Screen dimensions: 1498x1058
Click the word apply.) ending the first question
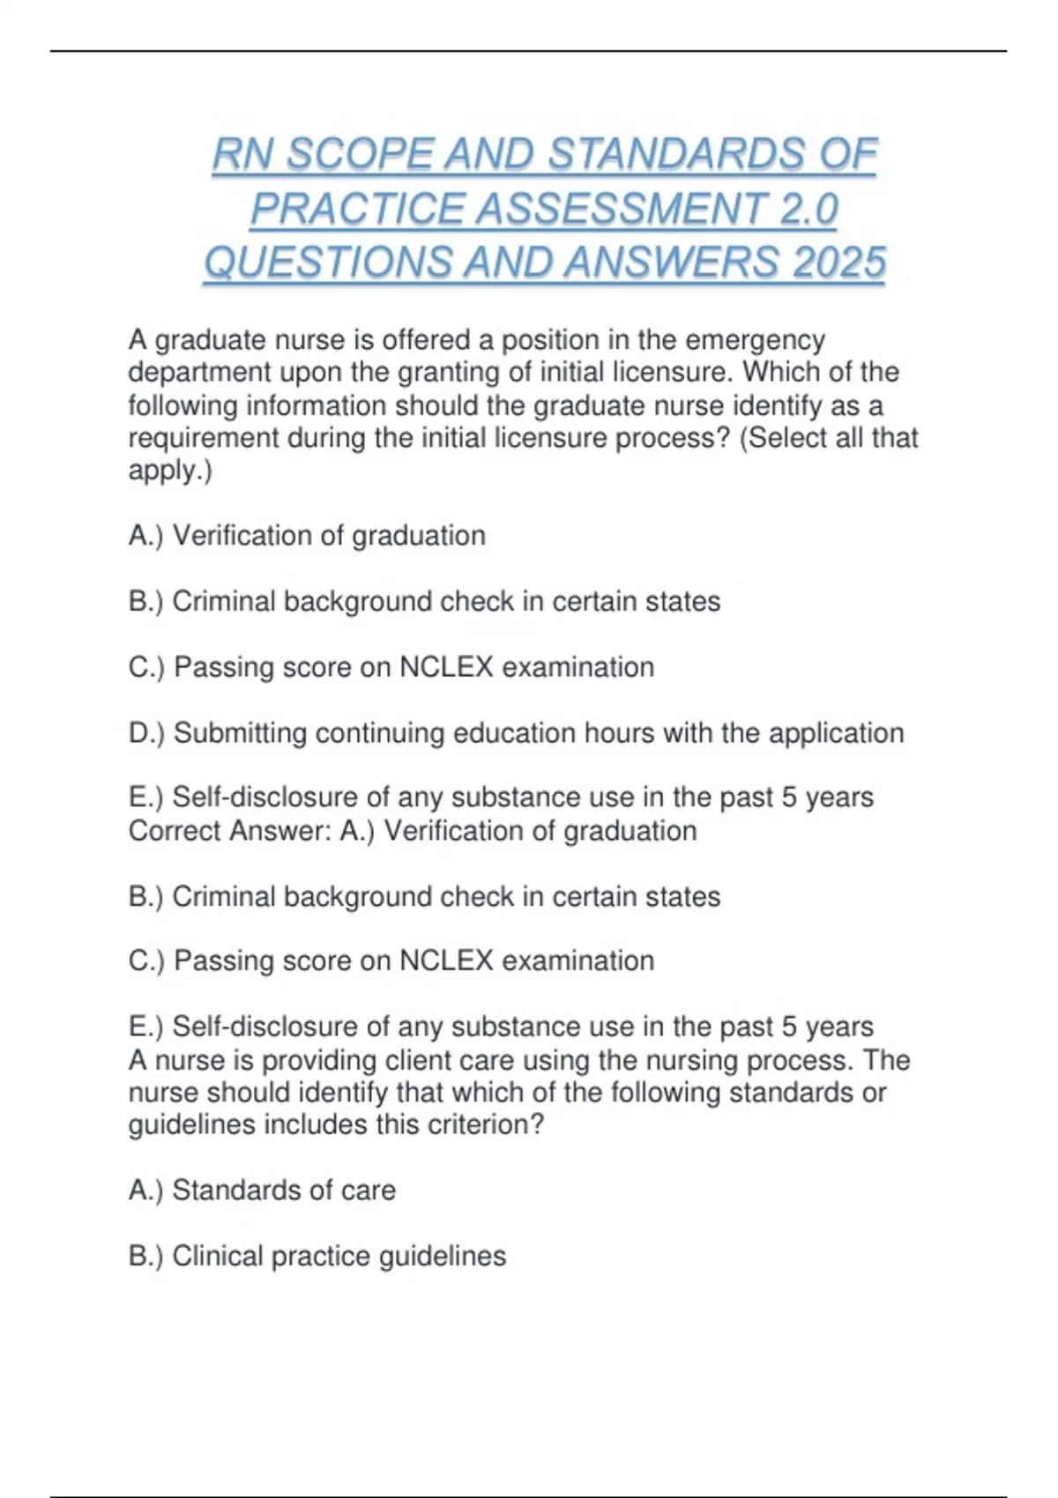tap(170, 471)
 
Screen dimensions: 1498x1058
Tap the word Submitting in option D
tap(240, 733)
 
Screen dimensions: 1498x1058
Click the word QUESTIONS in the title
tap(327, 263)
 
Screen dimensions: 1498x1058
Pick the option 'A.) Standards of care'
tap(262, 1190)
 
